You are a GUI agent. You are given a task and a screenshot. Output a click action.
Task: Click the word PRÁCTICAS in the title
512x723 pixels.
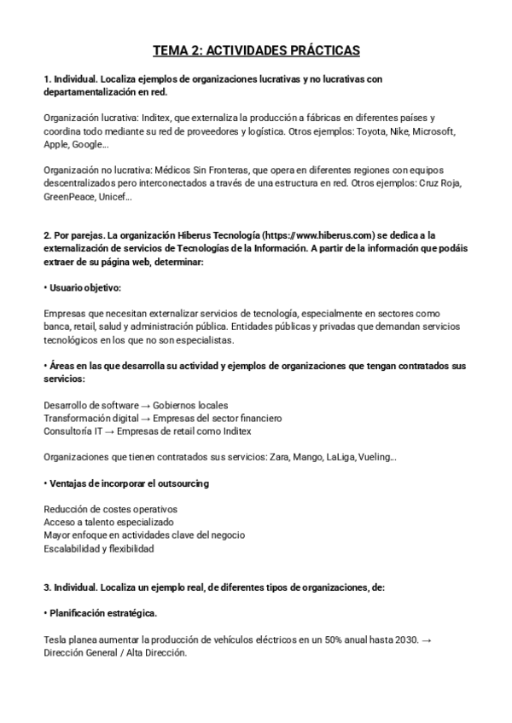tap(314, 51)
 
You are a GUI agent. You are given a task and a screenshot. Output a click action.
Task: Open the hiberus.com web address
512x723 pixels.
tap(320, 235)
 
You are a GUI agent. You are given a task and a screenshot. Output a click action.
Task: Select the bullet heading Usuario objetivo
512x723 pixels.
tap(84, 288)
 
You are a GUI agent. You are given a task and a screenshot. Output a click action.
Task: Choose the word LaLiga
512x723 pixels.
tap(340, 457)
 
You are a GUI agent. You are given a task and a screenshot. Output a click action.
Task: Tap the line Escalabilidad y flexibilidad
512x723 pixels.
tap(98, 549)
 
